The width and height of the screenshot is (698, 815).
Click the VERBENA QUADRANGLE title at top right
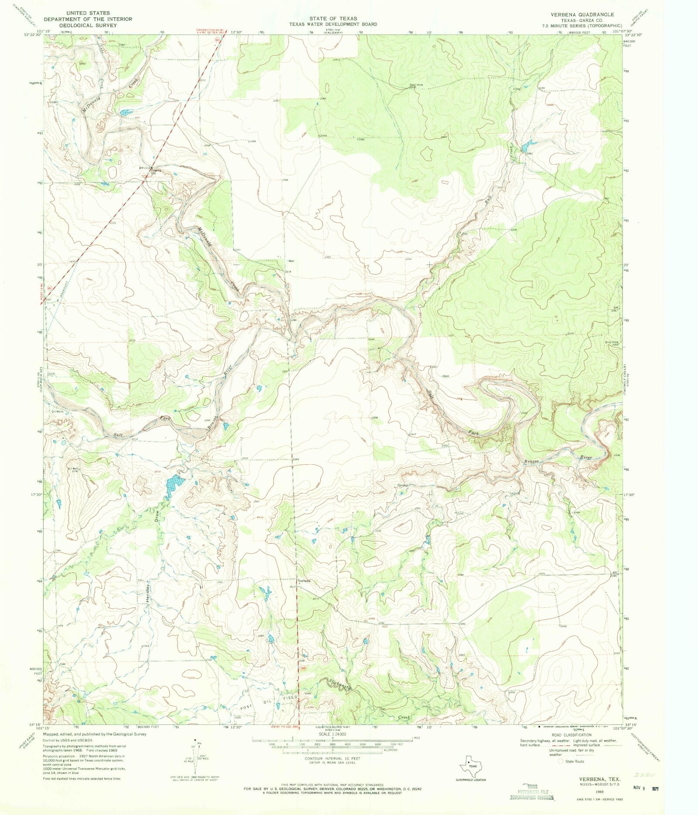point(582,14)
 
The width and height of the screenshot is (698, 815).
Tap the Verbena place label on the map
point(304,581)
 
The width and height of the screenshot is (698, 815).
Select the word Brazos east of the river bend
point(532,461)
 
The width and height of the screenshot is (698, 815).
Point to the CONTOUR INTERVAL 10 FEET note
point(332,759)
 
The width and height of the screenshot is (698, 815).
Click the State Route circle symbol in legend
point(561,761)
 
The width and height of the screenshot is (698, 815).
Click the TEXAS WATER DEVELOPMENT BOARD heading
point(333,24)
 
